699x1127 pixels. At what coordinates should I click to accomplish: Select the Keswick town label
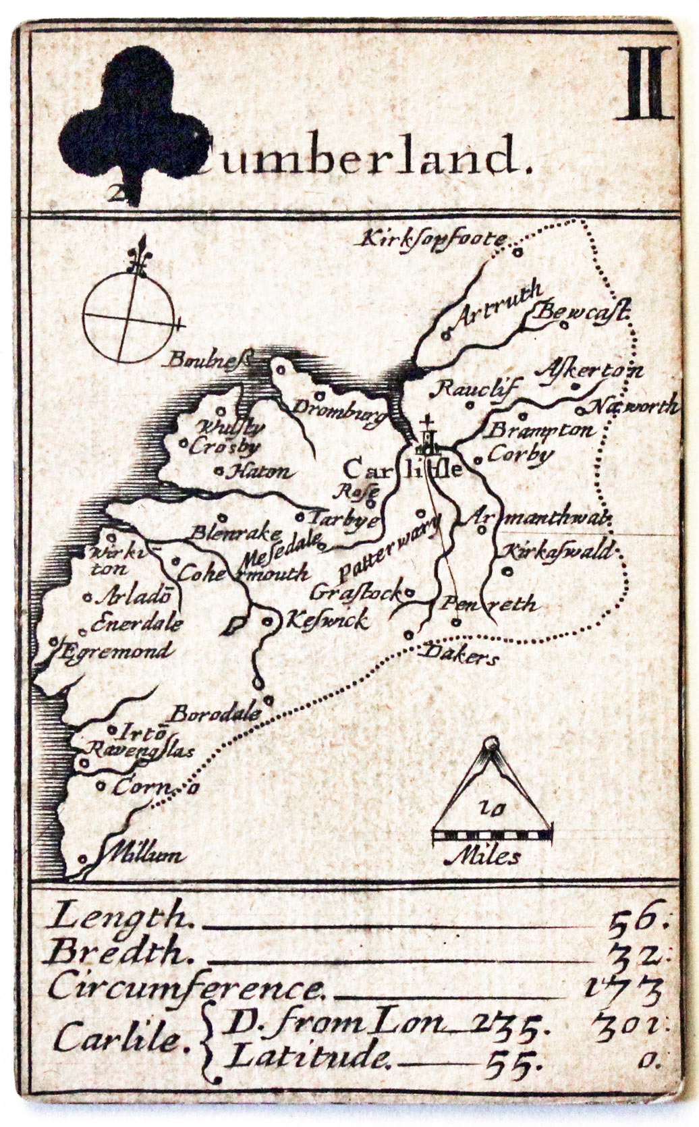coord(327,619)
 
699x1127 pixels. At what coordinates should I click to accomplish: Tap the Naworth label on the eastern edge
coord(634,407)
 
